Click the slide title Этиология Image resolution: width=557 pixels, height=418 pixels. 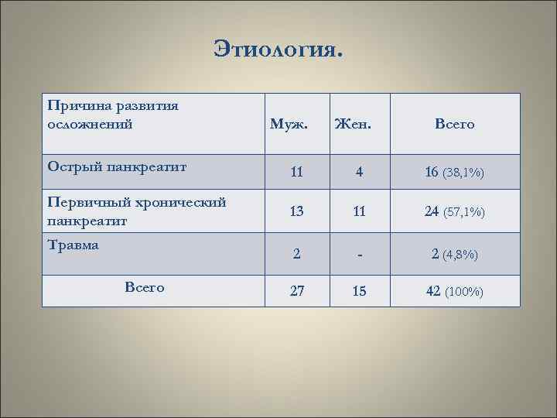click(x=278, y=50)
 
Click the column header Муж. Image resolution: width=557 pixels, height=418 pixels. click(x=288, y=124)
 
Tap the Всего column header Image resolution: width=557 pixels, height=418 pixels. click(x=454, y=124)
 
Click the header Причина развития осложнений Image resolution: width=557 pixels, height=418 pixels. click(x=113, y=114)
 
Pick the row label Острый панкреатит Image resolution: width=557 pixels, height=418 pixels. click(x=117, y=166)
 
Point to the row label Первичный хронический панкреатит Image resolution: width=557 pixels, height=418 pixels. click(x=136, y=211)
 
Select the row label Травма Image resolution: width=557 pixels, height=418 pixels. click(x=73, y=245)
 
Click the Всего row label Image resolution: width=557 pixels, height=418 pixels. click(x=144, y=287)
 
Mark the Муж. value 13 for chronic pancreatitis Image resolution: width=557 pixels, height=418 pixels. click(x=297, y=211)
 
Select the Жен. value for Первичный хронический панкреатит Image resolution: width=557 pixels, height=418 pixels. click(x=359, y=211)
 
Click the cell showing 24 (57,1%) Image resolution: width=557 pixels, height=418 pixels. click(x=454, y=211)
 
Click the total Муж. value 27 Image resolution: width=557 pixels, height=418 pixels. click(x=297, y=292)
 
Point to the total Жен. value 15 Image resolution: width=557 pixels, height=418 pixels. click(x=359, y=292)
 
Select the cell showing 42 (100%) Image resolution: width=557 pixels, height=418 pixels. click(x=454, y=292)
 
